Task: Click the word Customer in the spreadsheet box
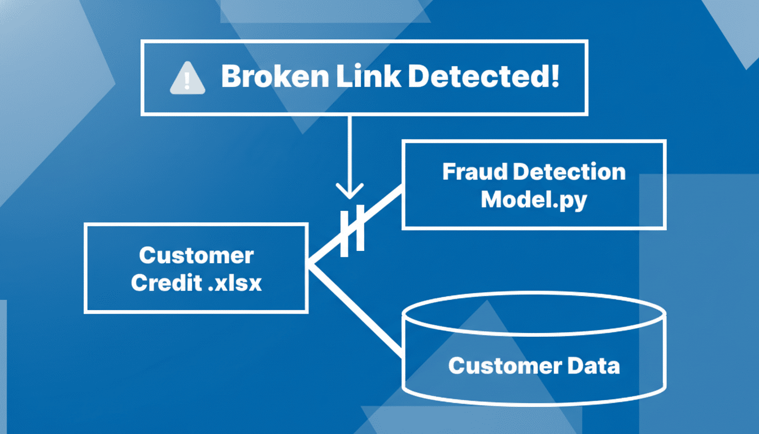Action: [x=196, y=255]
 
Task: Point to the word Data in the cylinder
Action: [x=593, y=366]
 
